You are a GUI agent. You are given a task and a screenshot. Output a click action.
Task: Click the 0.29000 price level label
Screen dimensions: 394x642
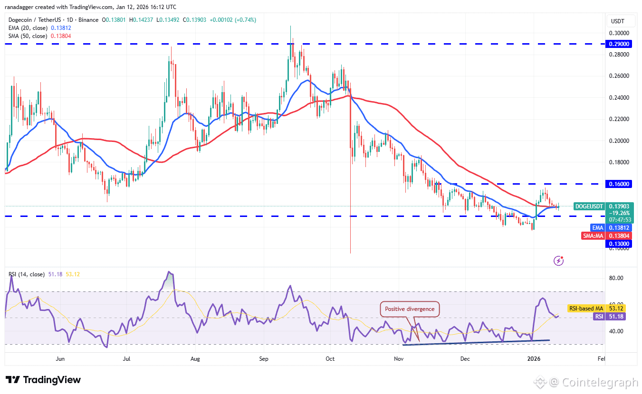click(618, 44)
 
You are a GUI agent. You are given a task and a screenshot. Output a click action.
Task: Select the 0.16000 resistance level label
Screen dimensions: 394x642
click(618, 184)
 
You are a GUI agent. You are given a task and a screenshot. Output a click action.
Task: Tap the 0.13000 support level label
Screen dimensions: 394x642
click(618, 244)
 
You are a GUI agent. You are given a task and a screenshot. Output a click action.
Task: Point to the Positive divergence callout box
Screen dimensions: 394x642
click(410, 309)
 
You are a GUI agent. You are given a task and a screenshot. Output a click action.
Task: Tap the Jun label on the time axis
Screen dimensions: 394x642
click(60, 359)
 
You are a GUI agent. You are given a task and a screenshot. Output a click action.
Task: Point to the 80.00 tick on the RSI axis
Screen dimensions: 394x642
click(617, 278)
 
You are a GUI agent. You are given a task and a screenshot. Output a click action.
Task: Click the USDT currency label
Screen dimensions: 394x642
click(617, 21)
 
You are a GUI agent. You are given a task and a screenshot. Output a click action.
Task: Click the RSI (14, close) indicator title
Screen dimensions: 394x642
click(27, 274)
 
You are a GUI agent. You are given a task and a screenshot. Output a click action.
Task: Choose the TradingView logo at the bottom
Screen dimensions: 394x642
click(43, 380)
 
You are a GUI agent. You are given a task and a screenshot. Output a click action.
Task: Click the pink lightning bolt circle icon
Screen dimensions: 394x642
click(559, 260)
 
